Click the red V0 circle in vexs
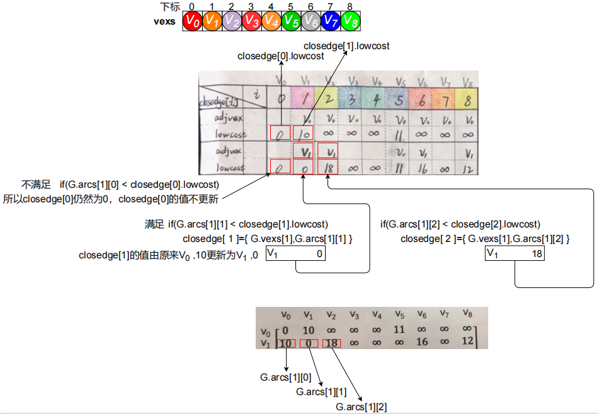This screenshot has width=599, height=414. pyautogui.click(x=192, y=21)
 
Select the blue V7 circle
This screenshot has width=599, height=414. pyautogui.click(x=331, y=21)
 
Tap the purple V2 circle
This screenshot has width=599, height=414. pyautogui.click(x=232, y=21)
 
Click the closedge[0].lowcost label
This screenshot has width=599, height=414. pyautogui.click(x=280, y=56)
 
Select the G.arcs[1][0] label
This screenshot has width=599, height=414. pyautogui.click(x=286, y=377)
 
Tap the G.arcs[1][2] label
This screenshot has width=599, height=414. pyautogui.click(x=362, y=407)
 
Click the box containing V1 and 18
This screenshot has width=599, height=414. pyautogui.click(x=515, y=253)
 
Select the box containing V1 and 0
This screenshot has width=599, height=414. pyautogui.click(x=295, y=253)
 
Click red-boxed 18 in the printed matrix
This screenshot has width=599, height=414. pyautogui.click(x=333, y=343)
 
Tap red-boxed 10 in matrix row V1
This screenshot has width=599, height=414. pyautogui.click(x=285, y=343)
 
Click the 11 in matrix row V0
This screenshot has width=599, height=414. pyautogui.click(x=399, y=330)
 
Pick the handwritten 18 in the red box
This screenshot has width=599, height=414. pyautogui.click(x=328, y=167)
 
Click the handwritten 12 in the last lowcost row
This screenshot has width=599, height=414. pyautogui.click(x=467, y=168)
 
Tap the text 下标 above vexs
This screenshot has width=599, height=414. pyautogui.click(x=169, y=7)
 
